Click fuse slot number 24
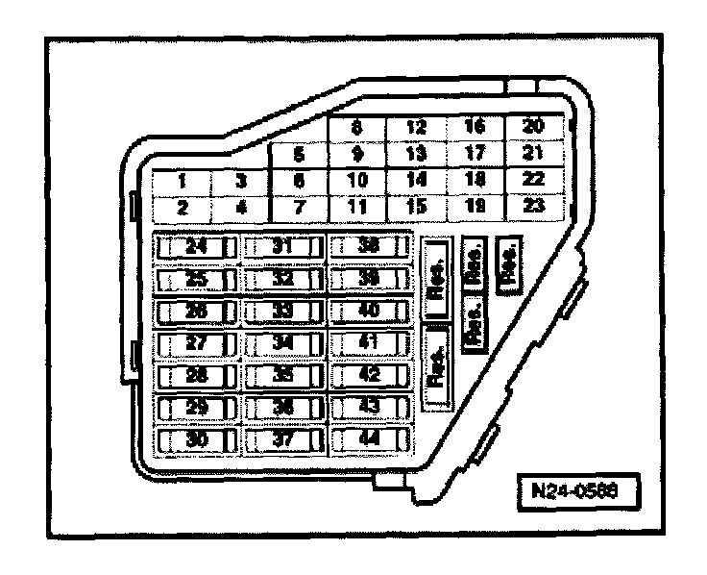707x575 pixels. (196, 246)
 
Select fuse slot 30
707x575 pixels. (196, 438)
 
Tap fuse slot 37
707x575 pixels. (282, 438)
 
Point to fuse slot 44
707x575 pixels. (369, 438)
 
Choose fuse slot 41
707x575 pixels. (369, 342)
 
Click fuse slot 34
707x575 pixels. (282, 342)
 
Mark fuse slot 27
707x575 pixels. (196, 342)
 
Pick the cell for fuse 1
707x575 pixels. (183, 180)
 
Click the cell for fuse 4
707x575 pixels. (240, 206)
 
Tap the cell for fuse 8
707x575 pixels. (356, 127)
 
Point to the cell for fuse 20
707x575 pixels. (533, 127)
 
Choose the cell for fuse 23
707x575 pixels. (533, 206)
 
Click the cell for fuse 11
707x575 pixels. (356, 206)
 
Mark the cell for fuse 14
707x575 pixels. (416, 180)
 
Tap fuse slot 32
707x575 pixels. (282, 279)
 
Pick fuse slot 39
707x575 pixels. (369, 279)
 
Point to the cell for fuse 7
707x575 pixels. (299, 206)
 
